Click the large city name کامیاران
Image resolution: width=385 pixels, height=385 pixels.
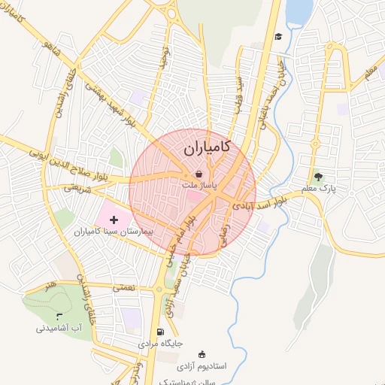[207, 149]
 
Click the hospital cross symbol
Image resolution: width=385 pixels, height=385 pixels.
[114, 220]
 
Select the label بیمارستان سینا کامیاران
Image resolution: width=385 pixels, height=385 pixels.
[114, 232]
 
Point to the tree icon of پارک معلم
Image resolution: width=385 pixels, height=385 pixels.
[318, 177]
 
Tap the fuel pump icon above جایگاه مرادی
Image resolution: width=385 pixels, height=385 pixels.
[159, 332]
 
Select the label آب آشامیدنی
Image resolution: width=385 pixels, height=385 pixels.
[59, 329]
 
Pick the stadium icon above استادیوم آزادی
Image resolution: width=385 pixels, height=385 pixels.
[201, 354]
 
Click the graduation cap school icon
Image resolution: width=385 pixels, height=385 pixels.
[277, 36]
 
